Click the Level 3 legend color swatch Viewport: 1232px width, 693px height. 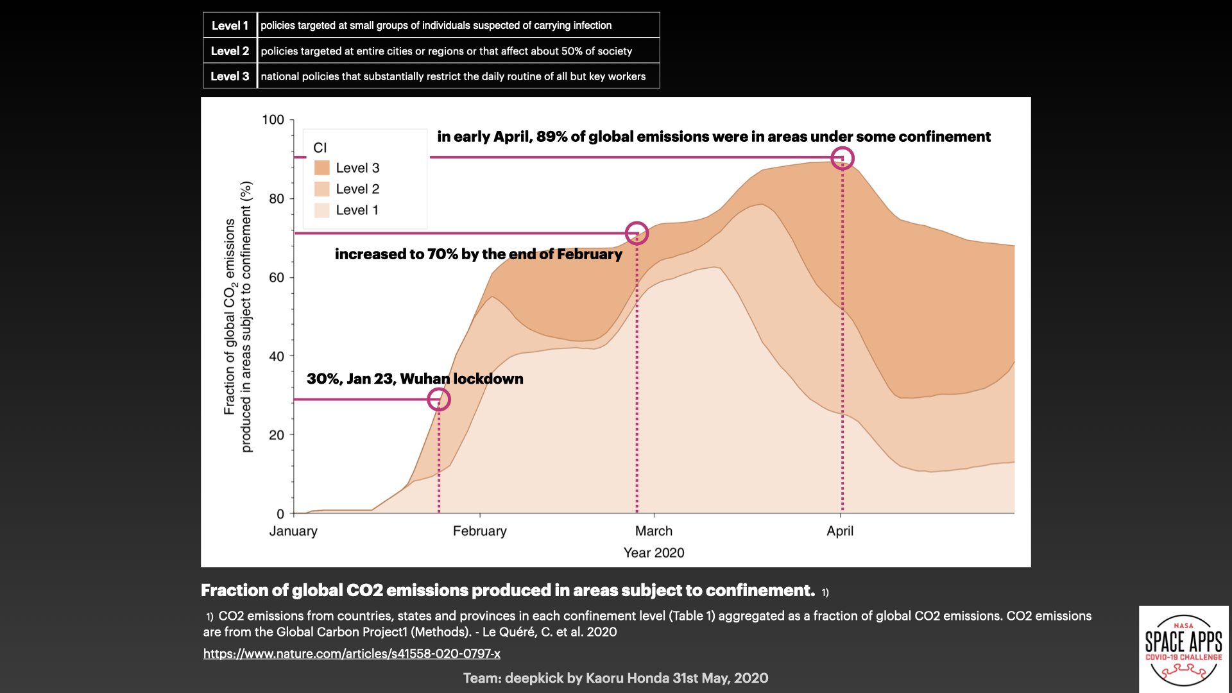pos(321,168)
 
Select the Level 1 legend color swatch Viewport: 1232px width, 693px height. pos(321,210)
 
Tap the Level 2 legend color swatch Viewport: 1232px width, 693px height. pos(321,189)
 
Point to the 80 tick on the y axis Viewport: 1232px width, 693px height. pos(277,199)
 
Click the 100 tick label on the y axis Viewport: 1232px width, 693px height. pos(273,120)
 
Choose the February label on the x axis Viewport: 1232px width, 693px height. pos(480,531)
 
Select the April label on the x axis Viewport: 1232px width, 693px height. pos(840,531)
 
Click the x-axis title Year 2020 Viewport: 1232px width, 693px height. pos(654,553)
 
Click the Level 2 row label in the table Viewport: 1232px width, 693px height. pos(230,51)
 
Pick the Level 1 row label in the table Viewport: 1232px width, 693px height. pos(230,26)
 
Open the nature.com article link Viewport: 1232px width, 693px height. pos(352,654)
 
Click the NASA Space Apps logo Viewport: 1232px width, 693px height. pos(1184,649)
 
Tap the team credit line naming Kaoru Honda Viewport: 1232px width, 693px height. pos(616,678)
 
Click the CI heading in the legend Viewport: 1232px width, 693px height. pos(320,148)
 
